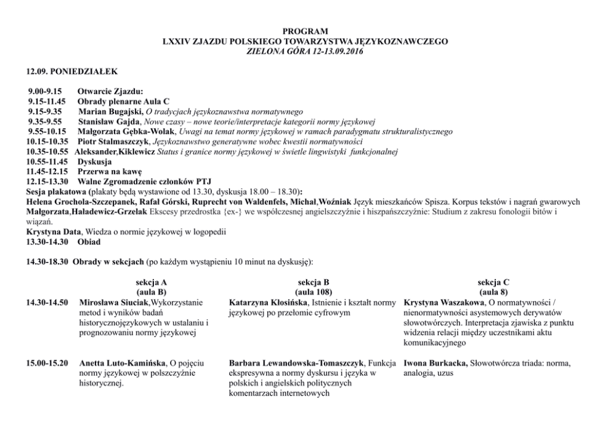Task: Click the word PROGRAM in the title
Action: tap(305, 31)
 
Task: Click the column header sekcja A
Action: tap(151, 282)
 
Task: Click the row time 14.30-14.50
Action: tap(47, 303)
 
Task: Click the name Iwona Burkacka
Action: tap(435, 363)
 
